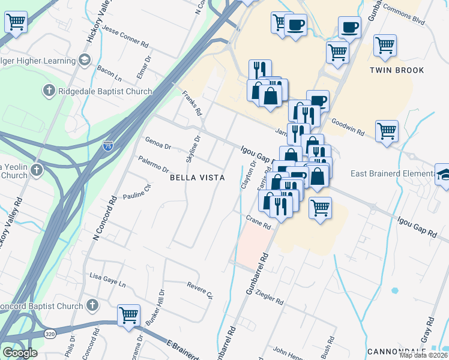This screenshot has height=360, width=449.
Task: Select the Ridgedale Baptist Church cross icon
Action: point(49,91)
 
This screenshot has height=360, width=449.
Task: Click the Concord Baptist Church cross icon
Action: point(92,306)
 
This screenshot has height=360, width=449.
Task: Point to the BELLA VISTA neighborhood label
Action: point(197,178)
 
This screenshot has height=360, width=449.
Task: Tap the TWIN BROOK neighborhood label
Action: point(397,70)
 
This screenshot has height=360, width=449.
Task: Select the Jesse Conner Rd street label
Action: point(125,35)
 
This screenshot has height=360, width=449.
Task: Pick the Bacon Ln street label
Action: point(109,73)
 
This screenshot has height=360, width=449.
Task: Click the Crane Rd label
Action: point(259,222)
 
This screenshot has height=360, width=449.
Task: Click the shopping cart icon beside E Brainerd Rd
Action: point(128,314)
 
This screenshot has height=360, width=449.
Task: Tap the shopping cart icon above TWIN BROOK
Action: point(385,44)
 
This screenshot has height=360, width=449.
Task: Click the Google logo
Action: point(20,353)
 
